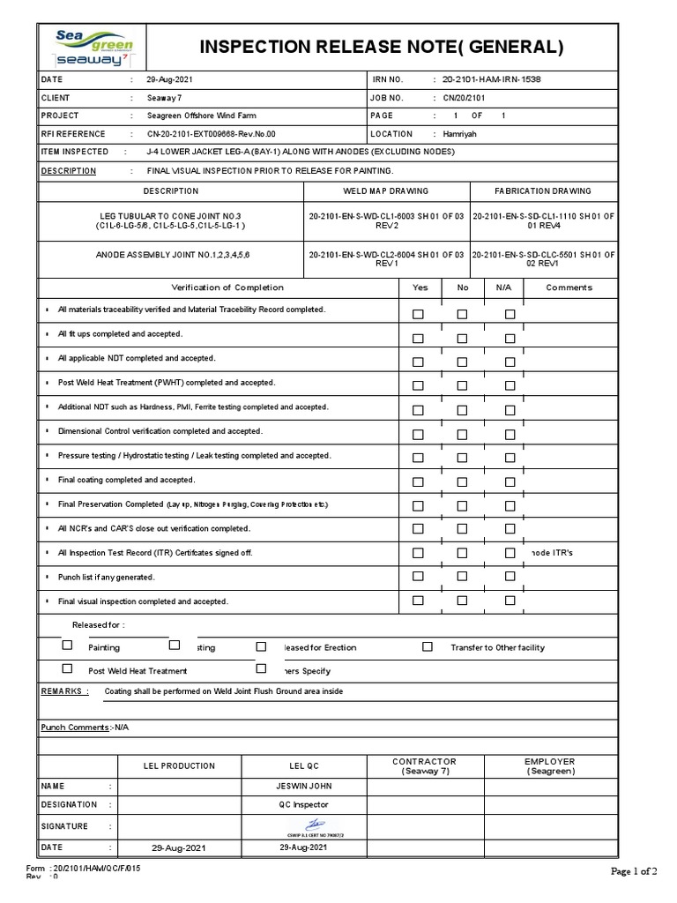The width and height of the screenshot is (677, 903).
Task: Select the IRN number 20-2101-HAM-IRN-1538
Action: (x=491, y=79)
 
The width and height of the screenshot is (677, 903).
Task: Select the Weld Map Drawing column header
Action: (x=385, y=190)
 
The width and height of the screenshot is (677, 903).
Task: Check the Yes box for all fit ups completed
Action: (x=419, y=338)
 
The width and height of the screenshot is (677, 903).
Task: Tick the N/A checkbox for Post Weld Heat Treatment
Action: (x=510, y=386)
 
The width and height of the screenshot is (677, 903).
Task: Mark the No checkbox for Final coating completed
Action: (x=462, y=482)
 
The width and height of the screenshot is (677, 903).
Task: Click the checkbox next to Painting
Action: (x=67, y=646)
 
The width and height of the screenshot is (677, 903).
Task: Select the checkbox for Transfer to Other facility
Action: (x=428, y=646)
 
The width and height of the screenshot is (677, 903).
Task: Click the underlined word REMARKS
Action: (x=65, y=691)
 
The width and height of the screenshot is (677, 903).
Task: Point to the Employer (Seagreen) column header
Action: (x=550, y=765)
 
